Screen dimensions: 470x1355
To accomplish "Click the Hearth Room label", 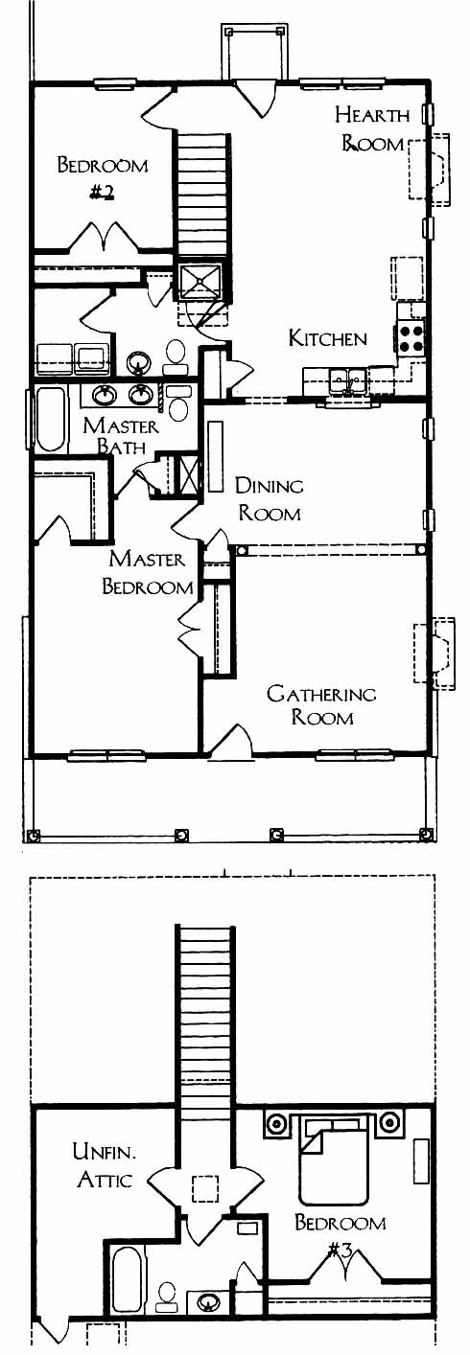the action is (372, 128).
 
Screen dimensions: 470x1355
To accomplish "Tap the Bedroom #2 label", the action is (103, 178).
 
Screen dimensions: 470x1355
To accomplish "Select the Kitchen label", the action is (328, 338).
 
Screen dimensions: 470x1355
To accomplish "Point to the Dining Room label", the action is (269, 499).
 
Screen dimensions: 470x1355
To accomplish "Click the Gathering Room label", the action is (321, 704).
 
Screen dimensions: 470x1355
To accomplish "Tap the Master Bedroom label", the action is (147, 572).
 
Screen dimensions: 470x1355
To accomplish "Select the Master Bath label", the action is (121, 435).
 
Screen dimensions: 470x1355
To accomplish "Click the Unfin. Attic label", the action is (105, 1164).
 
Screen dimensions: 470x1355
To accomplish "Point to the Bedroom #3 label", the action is (341, 1234).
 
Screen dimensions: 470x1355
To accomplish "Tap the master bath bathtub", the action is (50, 419).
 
